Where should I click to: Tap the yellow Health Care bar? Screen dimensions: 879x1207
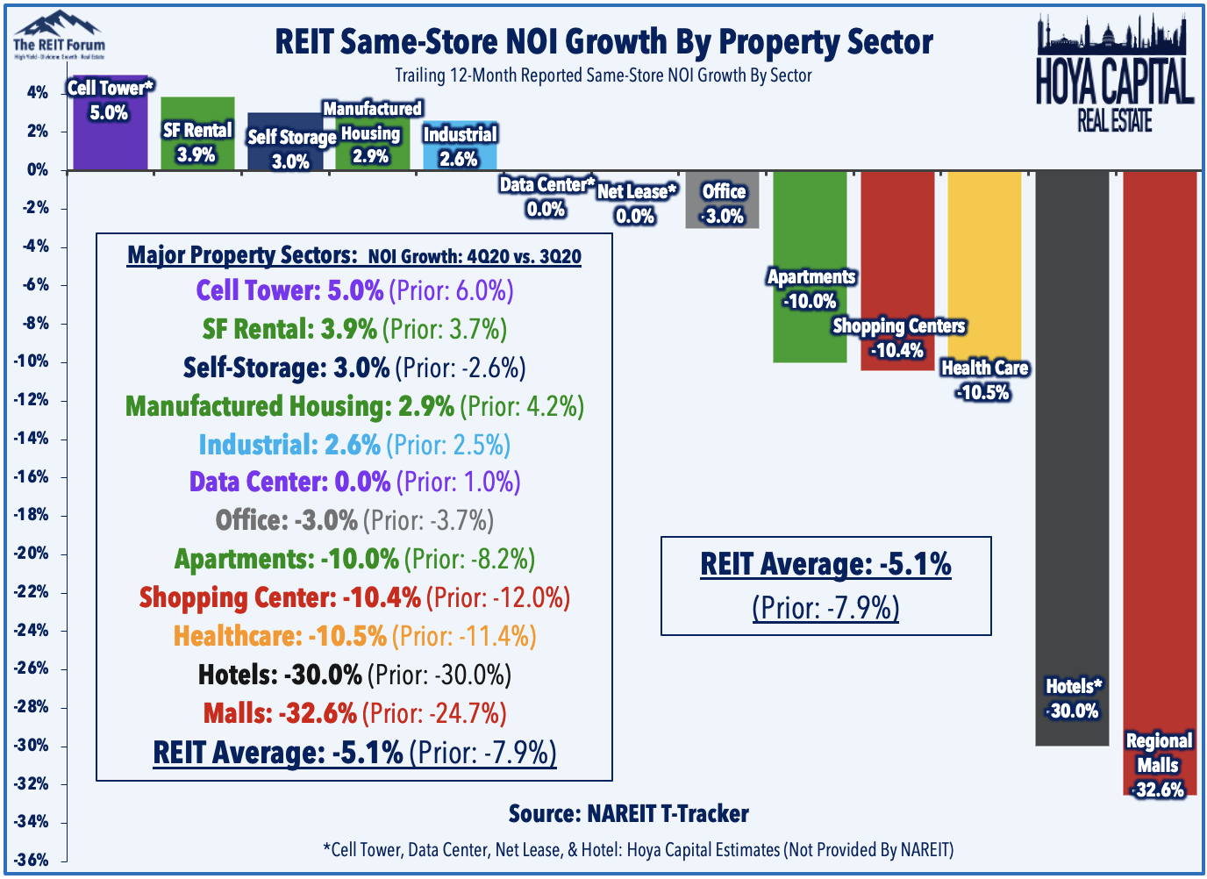point(984,263)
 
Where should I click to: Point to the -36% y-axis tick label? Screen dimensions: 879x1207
point(31,860)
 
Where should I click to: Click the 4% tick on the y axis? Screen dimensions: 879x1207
point(37,93)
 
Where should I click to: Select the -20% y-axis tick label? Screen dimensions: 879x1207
point(31,554)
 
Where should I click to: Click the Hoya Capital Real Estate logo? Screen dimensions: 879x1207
point(1114,75)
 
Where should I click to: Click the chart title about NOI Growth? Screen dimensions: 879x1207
point(603,42)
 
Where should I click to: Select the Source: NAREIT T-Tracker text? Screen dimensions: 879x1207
point(628,814)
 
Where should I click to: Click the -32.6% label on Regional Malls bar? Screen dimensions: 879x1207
point(1158,790)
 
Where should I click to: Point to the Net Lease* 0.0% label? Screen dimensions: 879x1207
point(636,204)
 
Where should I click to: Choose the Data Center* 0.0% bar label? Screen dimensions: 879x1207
point(546,197)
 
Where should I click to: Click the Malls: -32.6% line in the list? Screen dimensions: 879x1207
point(354,713)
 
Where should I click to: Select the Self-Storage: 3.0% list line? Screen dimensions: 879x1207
point(354,368)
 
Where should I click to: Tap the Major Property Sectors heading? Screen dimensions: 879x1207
point(354,255)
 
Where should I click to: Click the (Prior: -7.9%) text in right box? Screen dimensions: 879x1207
point(825,607)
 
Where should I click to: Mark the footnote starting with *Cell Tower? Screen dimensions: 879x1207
point(638,849)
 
